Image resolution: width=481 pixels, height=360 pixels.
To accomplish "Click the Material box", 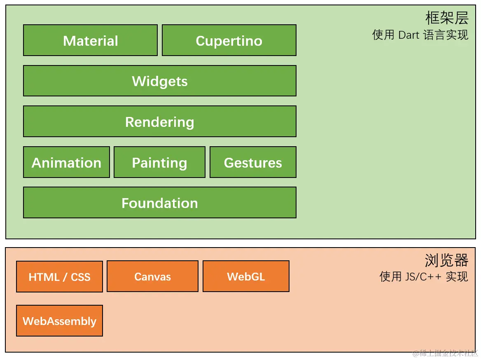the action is pos(91,40).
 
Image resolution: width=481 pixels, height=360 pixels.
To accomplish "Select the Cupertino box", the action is pos(229,40).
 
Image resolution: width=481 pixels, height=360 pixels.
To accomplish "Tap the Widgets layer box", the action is pos(160,81).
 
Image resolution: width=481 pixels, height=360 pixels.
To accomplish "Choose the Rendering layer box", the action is pos(160,121).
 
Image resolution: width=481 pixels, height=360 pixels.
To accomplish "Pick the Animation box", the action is pos(67,162).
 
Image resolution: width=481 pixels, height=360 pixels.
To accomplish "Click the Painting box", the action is pos(159,162).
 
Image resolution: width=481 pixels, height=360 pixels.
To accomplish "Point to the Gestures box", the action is pos(253,162).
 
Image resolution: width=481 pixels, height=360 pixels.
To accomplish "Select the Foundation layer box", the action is pos(160,203).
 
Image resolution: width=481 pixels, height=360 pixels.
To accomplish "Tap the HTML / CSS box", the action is pos(60,276).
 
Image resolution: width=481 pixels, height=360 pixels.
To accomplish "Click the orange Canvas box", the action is pos(152,276).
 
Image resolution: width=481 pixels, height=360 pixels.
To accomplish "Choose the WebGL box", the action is pos(246,276).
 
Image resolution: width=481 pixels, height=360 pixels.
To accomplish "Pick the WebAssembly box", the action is pos(60,321).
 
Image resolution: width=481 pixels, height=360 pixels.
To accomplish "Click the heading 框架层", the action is pos(447,18).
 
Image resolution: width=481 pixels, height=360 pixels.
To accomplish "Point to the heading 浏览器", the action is pos(447,260).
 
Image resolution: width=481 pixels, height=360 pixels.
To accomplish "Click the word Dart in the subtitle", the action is pos(409,35).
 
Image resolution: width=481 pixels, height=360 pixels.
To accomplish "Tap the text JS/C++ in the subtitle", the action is pos(423,277).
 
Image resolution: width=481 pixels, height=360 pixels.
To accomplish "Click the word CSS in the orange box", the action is pos(81,277).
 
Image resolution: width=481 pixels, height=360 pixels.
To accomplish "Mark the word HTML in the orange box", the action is pos(44,277).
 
